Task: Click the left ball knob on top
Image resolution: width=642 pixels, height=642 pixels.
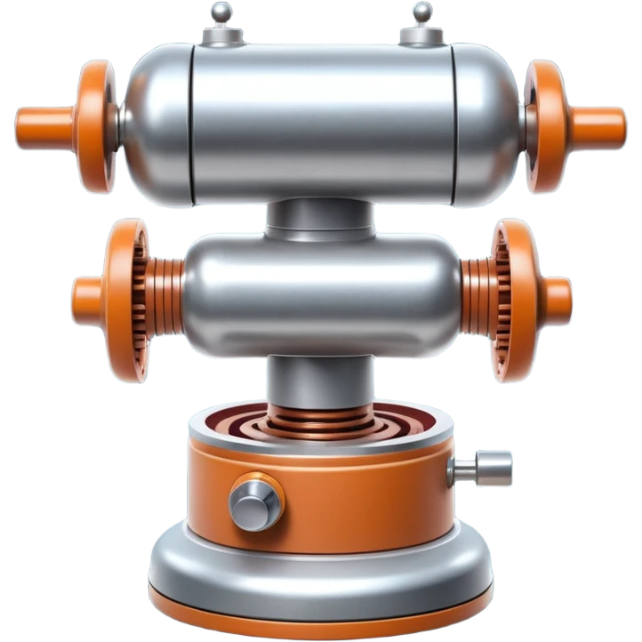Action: pos(220,12)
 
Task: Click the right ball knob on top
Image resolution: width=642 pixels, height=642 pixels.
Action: pos(421,12)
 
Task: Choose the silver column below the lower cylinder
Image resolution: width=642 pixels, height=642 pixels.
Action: pos(320,378)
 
